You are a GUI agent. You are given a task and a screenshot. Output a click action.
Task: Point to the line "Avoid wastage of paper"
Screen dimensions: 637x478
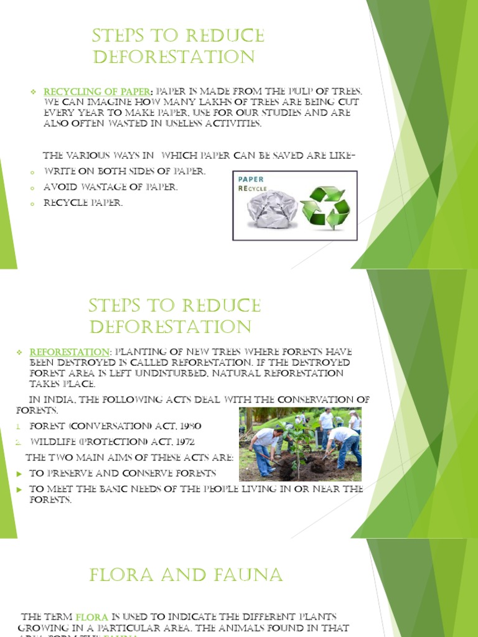coord(111,187)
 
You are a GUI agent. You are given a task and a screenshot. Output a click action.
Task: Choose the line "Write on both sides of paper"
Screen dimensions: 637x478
coord(124,171)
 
